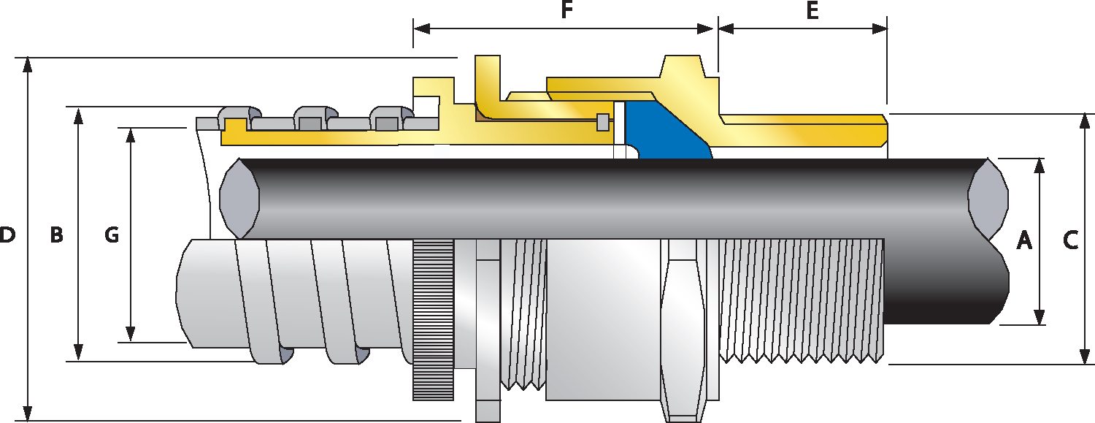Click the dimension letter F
pyautogui.click(x=565, y=11)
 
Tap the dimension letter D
pyautogui.click(x=7, y=236)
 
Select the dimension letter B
pyautogui.click(x=56, y=236)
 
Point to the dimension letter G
pyautogui.click(x=112, y=235)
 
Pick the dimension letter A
pyautogui.click(x=1024, y=240)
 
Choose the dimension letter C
pyautogui.click(x=1071, y=240)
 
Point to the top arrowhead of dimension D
pyautogui.click(x=28, y=64)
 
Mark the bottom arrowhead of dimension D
pyautogui.click(x=28, y=414)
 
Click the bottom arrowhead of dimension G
pyautogui.click(x=131, y=334)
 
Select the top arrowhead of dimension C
pyautogui.click(x=1084, y=121)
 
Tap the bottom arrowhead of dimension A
pyautogui.click(x=1040, y=317)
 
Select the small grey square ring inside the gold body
pyautogui.click(x=603, y=123)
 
